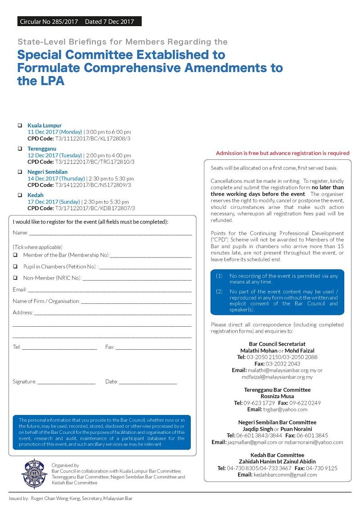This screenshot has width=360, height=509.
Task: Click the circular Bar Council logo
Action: [x=35, y=473]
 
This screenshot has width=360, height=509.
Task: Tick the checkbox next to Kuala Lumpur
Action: [x=20, y=125]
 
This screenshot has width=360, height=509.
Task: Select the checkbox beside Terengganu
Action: [x=20, y=149]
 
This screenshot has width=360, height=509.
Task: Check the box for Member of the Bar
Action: [x=15, y=255]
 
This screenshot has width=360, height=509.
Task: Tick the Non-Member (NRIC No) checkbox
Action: [x=15, y=278]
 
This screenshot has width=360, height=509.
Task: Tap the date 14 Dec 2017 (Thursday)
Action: [x=55, y=179]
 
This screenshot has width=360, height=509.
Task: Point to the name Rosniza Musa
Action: [x=277, y=396]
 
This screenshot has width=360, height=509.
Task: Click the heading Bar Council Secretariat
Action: [x=277, y=344]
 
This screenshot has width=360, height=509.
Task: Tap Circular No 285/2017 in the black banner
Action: [x=49, y=22]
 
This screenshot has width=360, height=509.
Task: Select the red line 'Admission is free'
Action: [x=282, y=153]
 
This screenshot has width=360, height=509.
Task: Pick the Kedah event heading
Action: [x=36, y=195]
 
